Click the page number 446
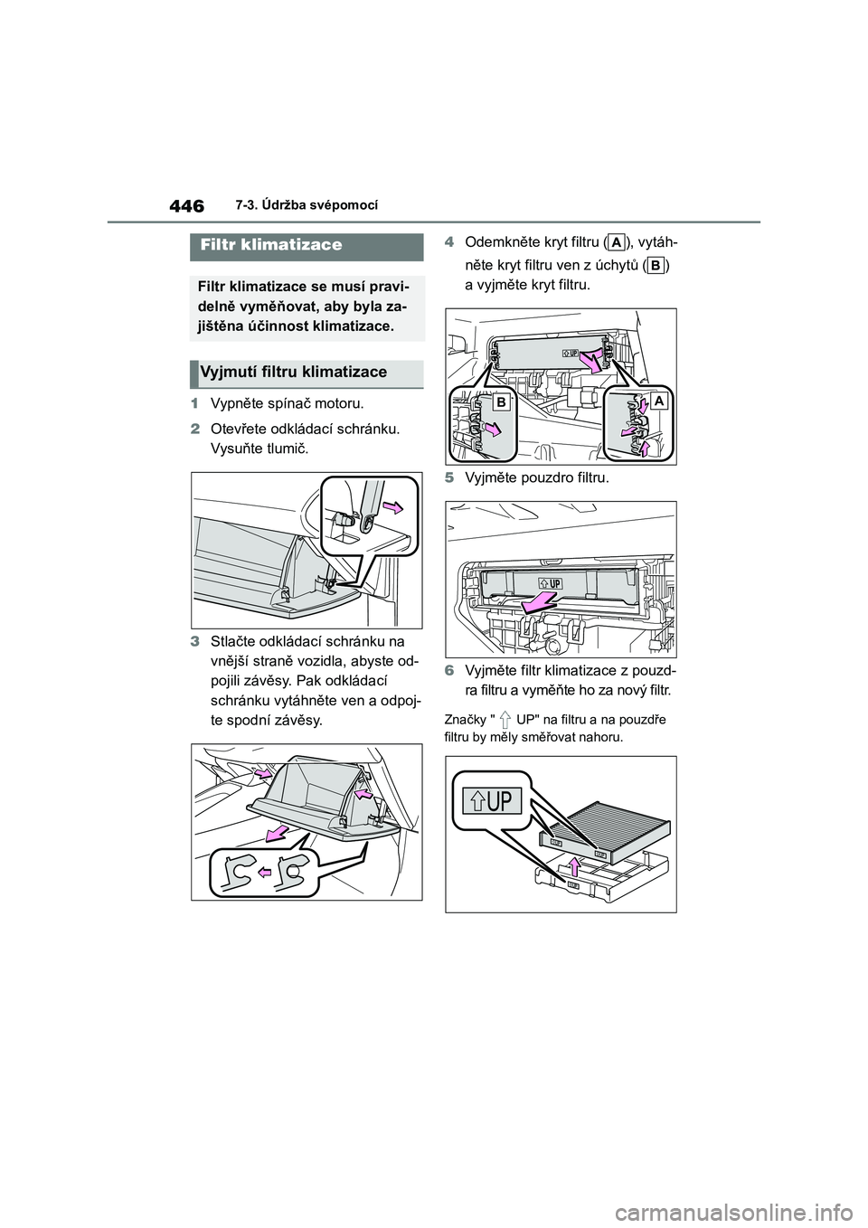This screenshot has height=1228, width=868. click(186, 207)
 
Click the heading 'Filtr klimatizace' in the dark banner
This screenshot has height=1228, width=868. click(271, 244)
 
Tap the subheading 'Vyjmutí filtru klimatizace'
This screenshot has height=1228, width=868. click(294, 373)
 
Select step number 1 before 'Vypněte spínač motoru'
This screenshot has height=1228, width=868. click(194, 404)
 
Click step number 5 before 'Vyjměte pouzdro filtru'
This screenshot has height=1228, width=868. click(448, 478)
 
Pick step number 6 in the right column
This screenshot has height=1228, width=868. click(448, 671)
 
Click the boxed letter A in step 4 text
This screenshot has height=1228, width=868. click(617, 242)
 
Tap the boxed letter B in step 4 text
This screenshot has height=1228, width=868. click(655, 267)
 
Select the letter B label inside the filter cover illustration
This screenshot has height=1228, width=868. click(501, 403)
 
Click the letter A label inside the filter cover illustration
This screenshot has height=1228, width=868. click(658, 401)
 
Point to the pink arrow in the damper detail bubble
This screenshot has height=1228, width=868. click(393, 507)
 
